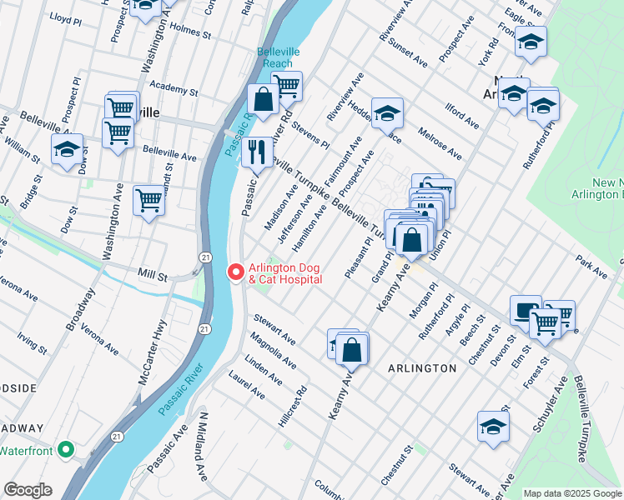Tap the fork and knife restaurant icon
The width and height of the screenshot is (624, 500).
click(257, 152)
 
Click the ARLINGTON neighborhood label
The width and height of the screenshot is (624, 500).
click(421, 367)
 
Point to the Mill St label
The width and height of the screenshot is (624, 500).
click(152, 270)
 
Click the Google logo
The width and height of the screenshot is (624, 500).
click(28, 490)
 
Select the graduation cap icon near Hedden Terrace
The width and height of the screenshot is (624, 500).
click(387, 112)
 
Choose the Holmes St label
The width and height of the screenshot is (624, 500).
click(189, 33)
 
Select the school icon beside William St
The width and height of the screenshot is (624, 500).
click(68, 149)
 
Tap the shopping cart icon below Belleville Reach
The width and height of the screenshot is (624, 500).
click(286, 85)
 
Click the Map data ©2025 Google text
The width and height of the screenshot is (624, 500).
click(571, 492)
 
